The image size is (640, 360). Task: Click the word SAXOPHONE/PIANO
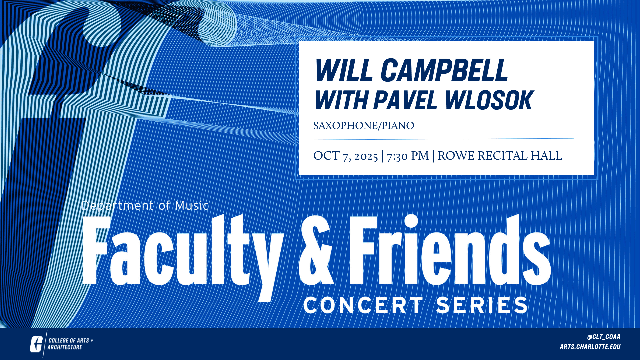click(x=364, y=126)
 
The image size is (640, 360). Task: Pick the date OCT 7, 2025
click(x=346, y=156)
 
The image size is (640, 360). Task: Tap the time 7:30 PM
click(x=408, y=156)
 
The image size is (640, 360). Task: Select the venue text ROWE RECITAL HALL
click(x=500, y=156)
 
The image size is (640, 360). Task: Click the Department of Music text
click(x=145, y=205)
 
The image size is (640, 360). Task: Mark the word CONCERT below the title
click(x=363, y=305)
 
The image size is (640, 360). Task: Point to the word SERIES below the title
click(x=482, y=305)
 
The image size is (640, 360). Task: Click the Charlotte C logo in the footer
click(x=36, y=344)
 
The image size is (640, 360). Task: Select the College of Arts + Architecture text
click(x=70, y=344)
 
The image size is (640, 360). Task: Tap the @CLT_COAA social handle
click(x=603, y=337)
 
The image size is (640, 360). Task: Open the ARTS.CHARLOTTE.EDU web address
click(x=590, y=347)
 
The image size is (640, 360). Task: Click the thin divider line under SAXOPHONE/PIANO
click(x=443, y=139)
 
